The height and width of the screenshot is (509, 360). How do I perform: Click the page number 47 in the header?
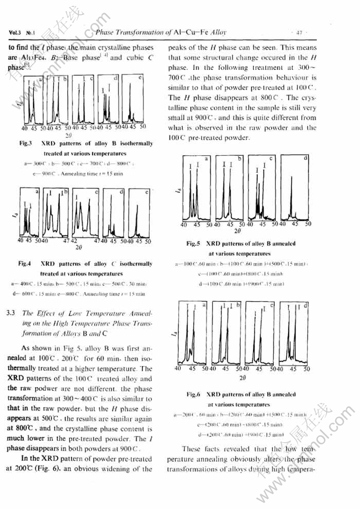[x=299, y=32]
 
